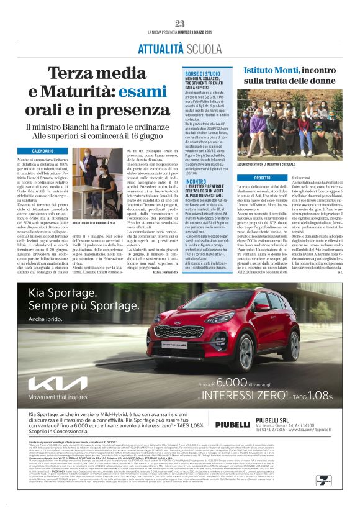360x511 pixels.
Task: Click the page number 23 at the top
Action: click(180, 24)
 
